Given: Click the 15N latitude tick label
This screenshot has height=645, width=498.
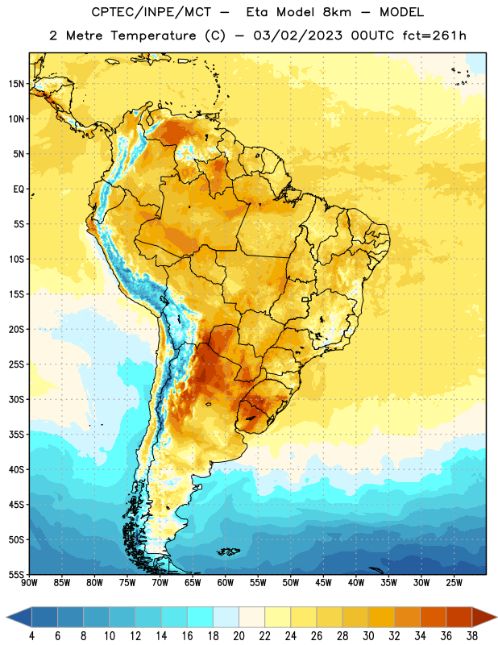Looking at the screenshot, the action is pos(16,84).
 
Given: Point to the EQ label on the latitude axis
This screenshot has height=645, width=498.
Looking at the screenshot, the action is pos(19,189).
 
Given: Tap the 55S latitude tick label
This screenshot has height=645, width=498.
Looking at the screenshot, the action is pos(16,574).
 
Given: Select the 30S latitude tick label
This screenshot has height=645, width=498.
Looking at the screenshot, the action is pos(16,399).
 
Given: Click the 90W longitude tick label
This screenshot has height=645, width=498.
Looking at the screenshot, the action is pos(29,583).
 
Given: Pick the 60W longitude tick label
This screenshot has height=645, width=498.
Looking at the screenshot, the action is pos(226,583).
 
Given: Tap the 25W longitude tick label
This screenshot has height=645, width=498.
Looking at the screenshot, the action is pos(454,583).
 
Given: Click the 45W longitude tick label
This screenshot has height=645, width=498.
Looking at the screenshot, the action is pos(323,583).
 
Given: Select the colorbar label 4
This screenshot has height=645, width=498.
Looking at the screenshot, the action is pos(31,636).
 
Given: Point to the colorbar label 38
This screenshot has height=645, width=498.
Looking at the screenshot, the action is pos(472,636).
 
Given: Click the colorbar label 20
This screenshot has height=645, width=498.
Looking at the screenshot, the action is pos(239,636).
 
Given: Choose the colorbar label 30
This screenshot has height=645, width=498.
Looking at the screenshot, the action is pos(368,636).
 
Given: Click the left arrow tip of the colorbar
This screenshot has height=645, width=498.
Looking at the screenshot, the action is pos(6,617).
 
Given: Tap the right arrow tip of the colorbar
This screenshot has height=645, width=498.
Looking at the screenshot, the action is pos(496,617).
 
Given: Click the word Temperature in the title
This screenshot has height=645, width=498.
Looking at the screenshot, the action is pos(153,35).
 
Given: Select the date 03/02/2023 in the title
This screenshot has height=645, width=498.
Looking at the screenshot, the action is pos(297,35).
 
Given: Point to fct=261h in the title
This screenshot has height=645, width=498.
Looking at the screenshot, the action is pos(434,35).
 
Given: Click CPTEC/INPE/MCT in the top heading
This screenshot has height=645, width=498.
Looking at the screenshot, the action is pos(151,12).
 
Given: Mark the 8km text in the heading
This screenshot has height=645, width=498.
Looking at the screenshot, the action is pos(337,12).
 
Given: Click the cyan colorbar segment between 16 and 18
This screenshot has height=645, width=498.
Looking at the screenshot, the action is pos(200,617).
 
